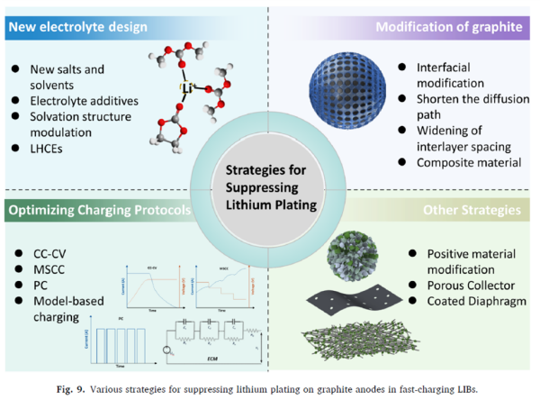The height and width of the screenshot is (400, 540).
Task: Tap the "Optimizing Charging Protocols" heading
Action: coord(98,211)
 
